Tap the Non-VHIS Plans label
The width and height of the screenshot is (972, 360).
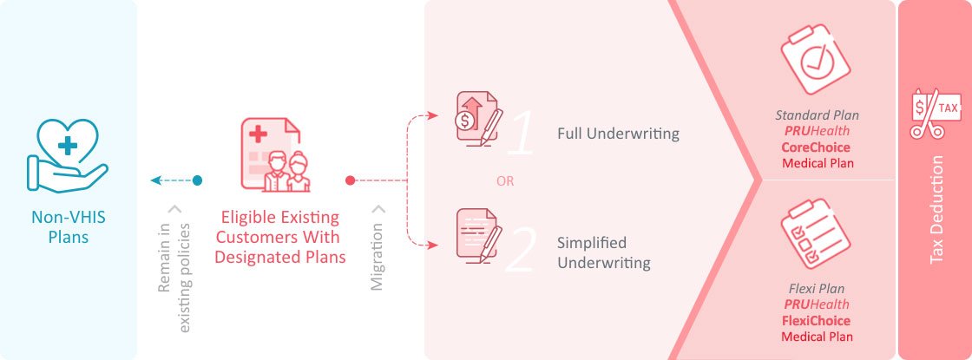coord(67,226)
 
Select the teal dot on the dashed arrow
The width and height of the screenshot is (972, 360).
coord(198,180)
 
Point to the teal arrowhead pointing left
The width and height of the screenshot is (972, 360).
coord(156,180)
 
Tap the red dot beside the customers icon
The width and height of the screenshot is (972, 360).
coord(350,180)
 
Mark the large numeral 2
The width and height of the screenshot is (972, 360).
coord(521,250)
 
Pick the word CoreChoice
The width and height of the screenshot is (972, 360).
coord(817,147)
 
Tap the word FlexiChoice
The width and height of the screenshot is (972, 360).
coord(817,321)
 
